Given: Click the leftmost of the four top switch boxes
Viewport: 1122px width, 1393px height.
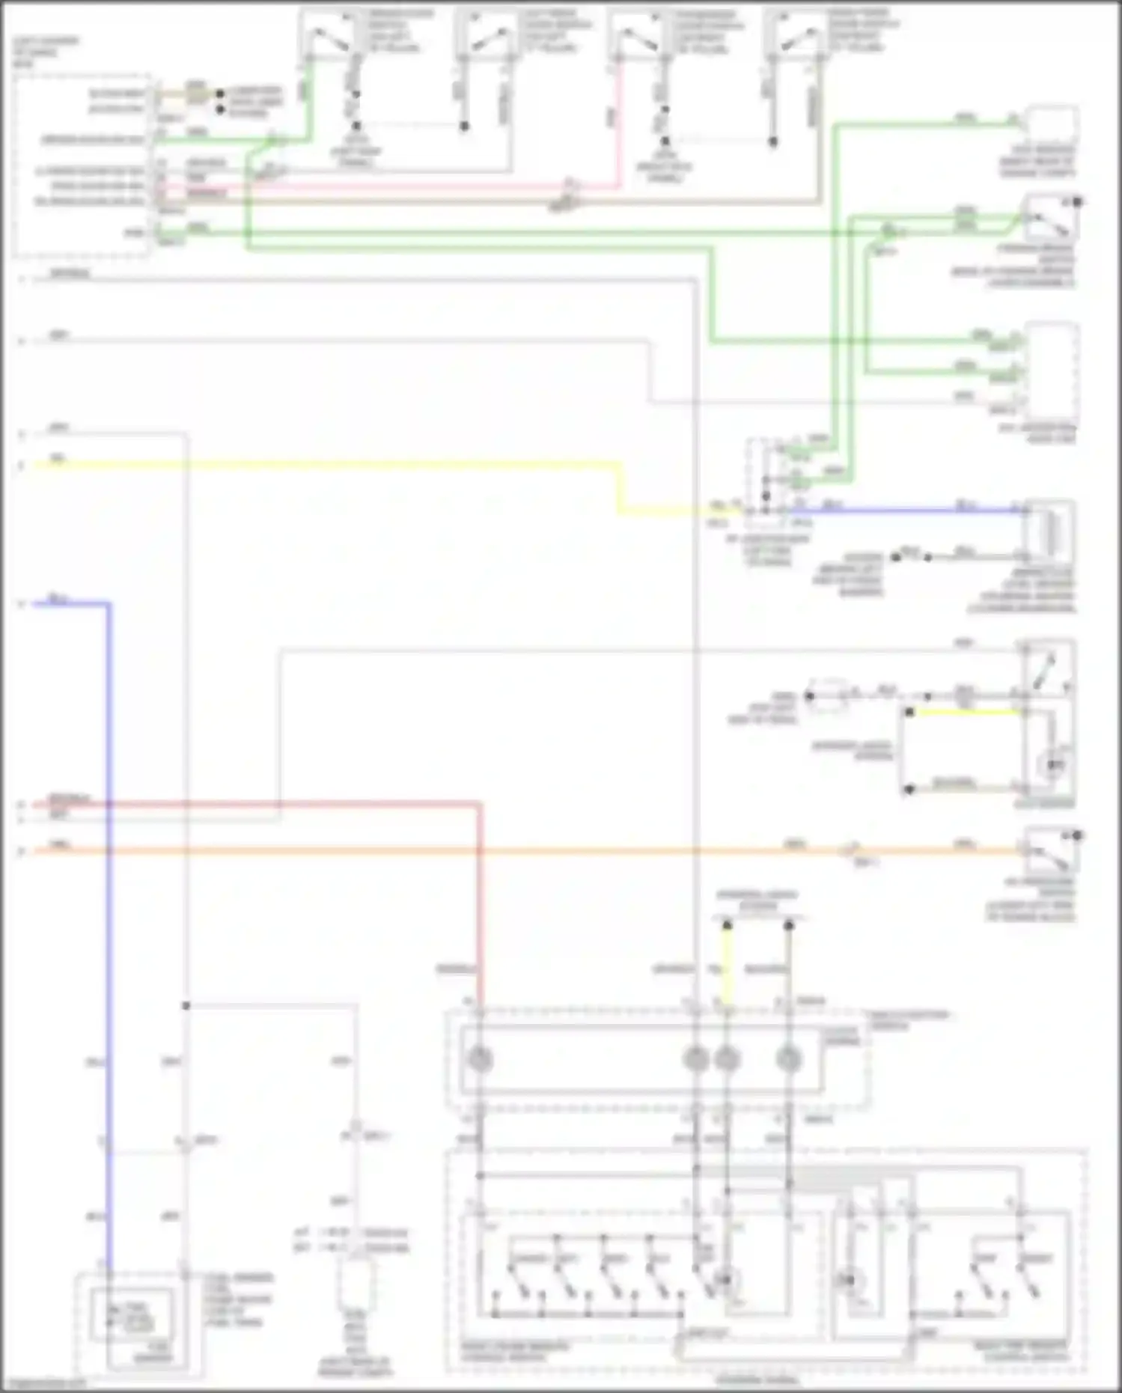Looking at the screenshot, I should (327, 34).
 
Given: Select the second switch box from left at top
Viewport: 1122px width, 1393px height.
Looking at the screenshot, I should (484, 34).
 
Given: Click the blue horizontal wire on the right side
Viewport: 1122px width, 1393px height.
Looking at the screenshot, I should (898, 511).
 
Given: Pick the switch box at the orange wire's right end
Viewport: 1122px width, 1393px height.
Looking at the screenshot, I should (1051, 850).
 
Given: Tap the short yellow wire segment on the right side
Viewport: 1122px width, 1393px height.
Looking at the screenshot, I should (966, 712).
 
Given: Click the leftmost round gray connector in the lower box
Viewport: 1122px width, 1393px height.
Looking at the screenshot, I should (479, 1059).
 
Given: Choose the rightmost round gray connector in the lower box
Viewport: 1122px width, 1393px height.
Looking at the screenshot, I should (788, 1059).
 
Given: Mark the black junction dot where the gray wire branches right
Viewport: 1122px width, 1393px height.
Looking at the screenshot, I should (186, 1005).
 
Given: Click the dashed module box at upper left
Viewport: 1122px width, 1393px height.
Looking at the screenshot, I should (82, 165).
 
